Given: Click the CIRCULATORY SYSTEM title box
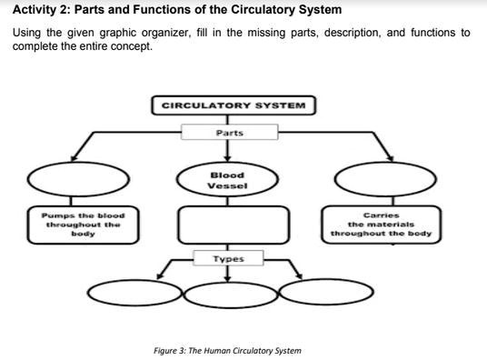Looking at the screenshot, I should (x=234, y=105).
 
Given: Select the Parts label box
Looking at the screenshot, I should (x=230, y=133).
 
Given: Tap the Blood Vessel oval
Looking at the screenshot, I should (x=226, y=180).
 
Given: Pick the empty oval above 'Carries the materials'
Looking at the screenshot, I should (x=378, y=179).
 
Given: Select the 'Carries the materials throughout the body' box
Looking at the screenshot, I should (x=381, y=224).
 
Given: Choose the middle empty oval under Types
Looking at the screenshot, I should (x=230, y=293).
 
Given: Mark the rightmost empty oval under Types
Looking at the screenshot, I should (x=325, y=293).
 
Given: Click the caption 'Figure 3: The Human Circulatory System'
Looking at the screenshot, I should (x=227, y=350).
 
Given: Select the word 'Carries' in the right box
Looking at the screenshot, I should (x=381, y=215).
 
